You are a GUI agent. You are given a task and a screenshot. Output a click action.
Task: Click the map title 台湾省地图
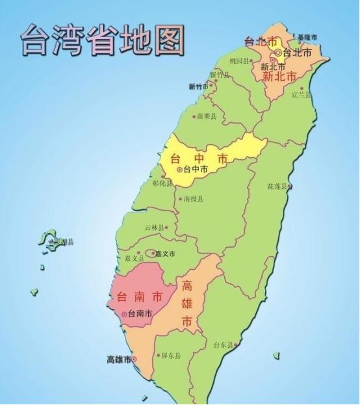(102, 40)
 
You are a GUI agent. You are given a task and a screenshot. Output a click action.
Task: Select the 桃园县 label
(239, 60)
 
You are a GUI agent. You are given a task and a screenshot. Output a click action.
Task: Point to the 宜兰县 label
(301, 94)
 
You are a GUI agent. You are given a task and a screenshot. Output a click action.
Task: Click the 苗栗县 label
(206, 117)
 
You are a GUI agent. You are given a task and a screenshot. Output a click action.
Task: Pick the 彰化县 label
(162, 183)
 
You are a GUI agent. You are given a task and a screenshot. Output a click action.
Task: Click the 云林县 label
(154, 228)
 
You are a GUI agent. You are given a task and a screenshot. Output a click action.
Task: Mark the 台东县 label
(223, 345)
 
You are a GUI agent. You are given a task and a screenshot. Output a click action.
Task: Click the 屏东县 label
(171, 356)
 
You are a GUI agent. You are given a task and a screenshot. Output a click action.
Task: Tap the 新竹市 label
(198, 86)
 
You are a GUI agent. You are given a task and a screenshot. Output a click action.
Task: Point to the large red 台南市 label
(139, 297)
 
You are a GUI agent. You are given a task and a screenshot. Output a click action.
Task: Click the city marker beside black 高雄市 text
(135, 359)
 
